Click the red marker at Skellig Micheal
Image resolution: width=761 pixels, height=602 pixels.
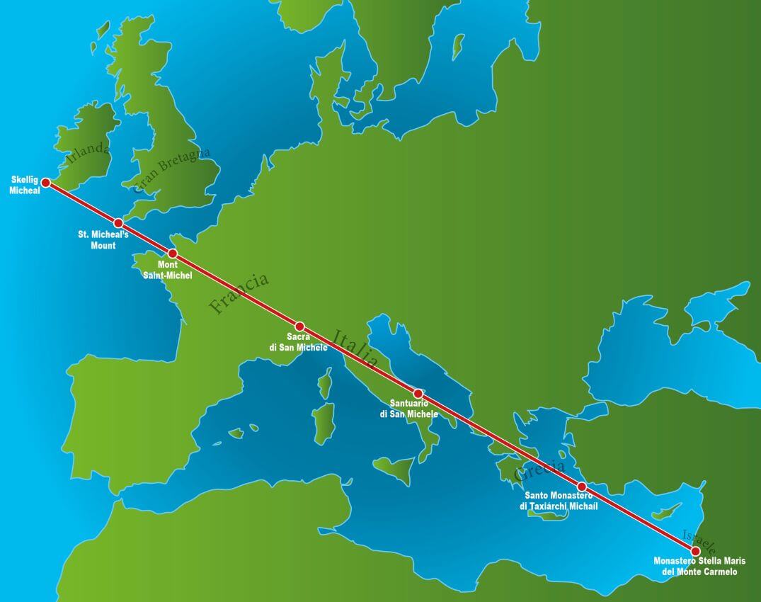click(x=46, y=183)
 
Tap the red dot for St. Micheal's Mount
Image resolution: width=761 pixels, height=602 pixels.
click(x=118, y=223)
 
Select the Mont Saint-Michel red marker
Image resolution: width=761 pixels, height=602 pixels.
click(x=172, y=254)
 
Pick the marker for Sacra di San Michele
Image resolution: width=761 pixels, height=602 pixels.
click(x=299, y=326)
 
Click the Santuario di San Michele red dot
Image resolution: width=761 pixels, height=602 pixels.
click(x=418, y=393)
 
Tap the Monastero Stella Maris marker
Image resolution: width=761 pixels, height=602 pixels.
click(x=695, y=550)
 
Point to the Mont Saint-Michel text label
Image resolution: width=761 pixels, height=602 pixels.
click(x=168, y=270)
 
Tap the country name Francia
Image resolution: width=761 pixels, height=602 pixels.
click(x=239, y=293)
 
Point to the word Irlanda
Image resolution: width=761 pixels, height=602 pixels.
click(x=88, y=152)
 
